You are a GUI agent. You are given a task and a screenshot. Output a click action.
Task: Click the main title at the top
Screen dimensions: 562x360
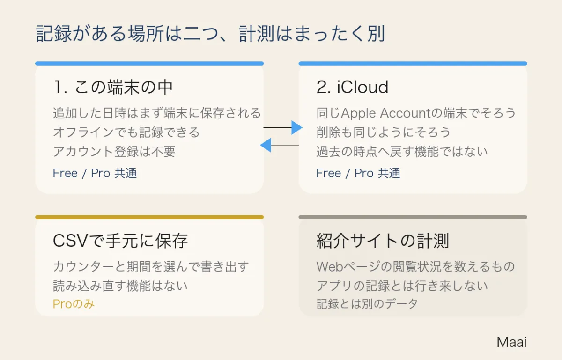pyautogui.click(x=210, y=33)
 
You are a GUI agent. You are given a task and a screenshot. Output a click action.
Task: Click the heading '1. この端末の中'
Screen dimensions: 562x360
pyautogui.click(x=113, y=87)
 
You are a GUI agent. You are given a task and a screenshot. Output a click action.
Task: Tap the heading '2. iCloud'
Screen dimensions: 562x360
pyautogui.click(x=352, y=87)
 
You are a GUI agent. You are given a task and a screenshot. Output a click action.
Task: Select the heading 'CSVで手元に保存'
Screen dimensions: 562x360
pyautogui.click(x=120, y=241)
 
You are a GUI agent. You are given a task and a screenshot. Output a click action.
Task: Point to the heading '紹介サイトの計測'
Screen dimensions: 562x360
pyautogui.click(x=383, y=241)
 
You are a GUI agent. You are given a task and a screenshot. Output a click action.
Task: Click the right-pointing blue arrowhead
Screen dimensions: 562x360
pyautogui.click(x=297, y=127)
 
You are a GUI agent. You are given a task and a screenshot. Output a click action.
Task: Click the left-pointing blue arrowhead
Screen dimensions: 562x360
pyautogui.click(x=266, y=145)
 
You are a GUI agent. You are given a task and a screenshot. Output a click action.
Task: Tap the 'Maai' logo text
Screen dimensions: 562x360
pyautogui.click(x=511, y=342)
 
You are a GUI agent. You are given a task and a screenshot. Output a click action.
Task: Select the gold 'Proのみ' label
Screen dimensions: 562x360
pyautogui.click(x=74, y=304)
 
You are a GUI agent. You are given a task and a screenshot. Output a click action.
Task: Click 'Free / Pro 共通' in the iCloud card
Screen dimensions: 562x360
pyautogui.click(x=358, y=173)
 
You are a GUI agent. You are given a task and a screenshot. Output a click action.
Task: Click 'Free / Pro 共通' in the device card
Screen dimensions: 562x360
pyautogui.click(x=95, y=173)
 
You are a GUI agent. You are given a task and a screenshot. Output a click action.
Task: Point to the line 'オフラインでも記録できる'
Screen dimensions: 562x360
pyautogui.click(x=126, y=132)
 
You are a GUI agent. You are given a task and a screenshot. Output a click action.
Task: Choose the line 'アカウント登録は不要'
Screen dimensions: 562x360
pyautogui.click(x=114, y=152)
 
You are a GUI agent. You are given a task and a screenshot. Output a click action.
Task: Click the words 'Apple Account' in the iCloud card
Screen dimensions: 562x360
pyautogui.click(x=385, y=113)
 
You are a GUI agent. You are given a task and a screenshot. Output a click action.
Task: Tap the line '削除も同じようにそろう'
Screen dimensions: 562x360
pyautogui.click(x=384, y=132)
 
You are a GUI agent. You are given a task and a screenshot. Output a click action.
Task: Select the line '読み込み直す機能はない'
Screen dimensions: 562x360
pyautogui.click(x=120, y=286)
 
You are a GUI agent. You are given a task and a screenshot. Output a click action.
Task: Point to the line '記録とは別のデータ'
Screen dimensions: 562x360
pyautogui.click(x=367, y=304)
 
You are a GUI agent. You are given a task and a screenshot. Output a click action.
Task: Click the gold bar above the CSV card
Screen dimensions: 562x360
pyautogui.click(x=149, y=217)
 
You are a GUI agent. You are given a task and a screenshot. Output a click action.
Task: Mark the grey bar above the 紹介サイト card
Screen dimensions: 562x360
pyautogui.click(x=413, y=217)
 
